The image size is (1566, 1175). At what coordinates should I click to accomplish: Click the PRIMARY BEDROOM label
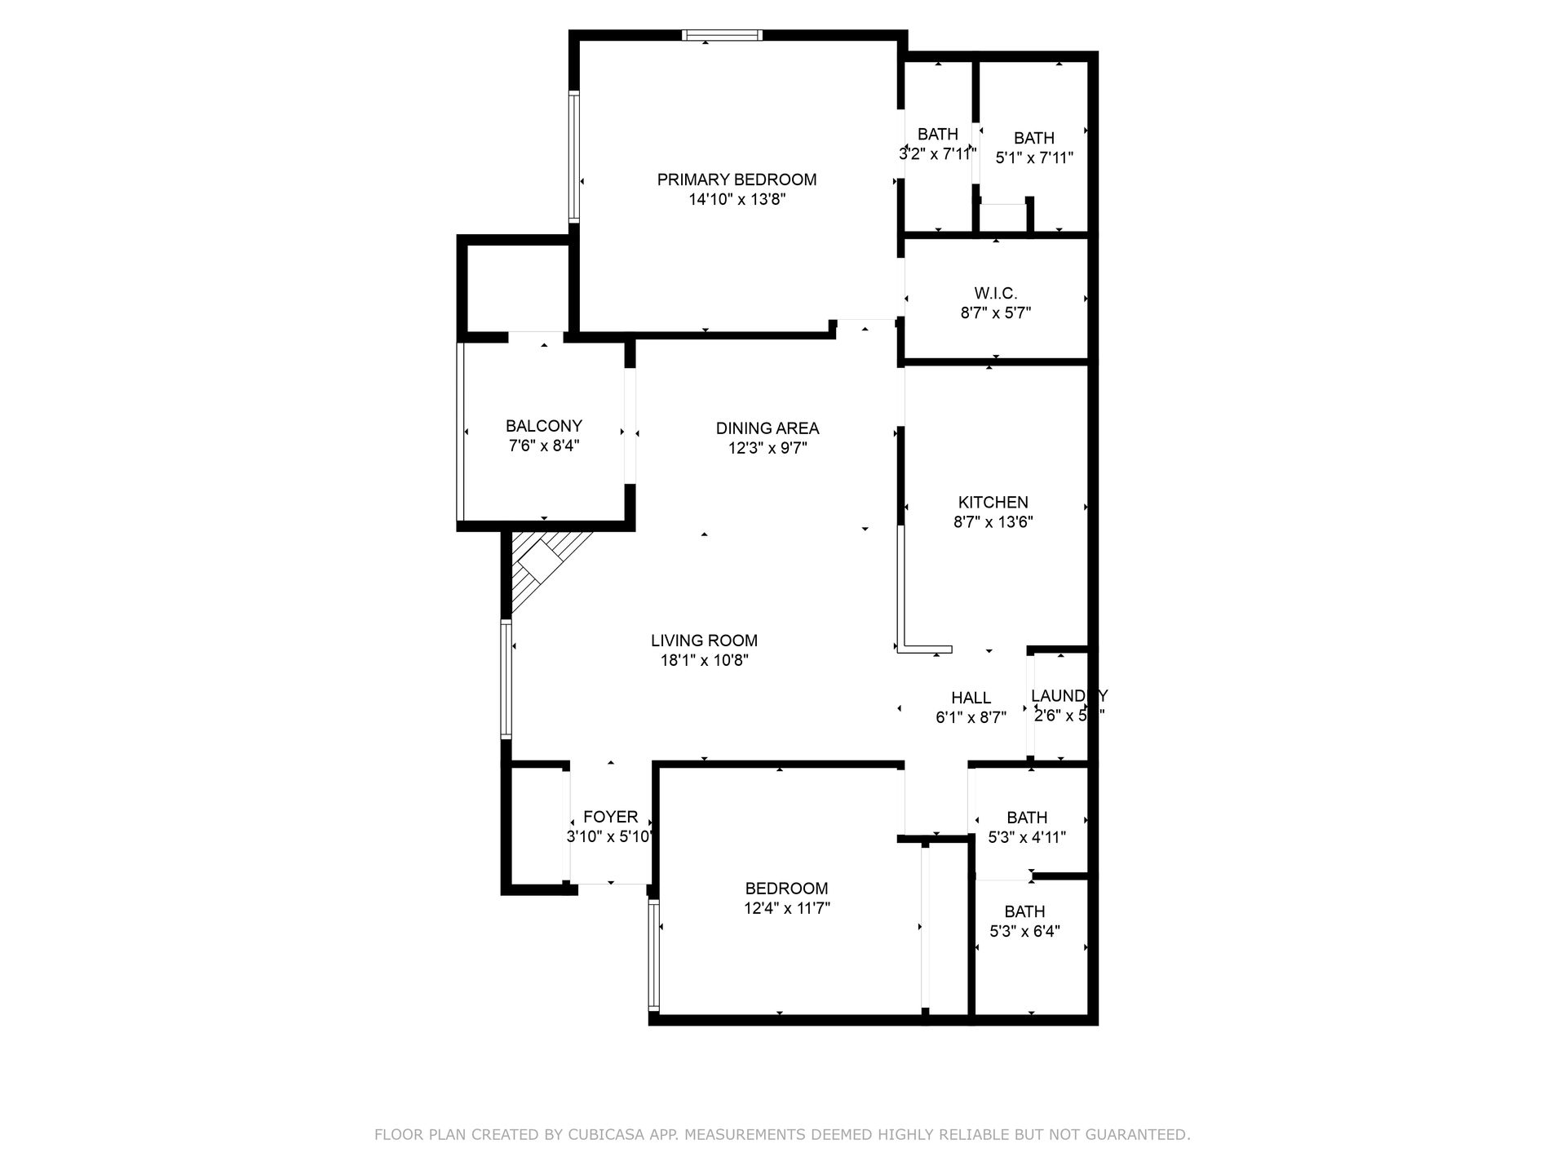737,180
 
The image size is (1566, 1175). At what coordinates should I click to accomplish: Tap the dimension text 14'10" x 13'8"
737,200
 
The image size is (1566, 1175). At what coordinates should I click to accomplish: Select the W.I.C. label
995,293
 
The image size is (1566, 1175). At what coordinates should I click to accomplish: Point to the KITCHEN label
993,503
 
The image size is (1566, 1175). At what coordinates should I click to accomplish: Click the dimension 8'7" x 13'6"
993,523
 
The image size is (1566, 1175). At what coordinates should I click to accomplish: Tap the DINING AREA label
767,428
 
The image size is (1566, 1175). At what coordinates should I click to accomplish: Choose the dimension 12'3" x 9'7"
767,448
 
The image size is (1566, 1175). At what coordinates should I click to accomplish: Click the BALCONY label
543,426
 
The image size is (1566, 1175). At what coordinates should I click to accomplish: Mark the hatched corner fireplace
538,567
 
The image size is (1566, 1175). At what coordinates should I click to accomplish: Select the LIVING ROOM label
704,641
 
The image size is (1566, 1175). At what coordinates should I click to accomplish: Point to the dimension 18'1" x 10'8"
704,661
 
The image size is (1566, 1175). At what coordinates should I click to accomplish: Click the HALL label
971,698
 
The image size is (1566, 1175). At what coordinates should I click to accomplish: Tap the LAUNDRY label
1068,696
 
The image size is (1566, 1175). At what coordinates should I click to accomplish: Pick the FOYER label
610,817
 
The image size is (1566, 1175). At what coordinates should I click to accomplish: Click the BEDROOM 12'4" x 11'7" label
786,889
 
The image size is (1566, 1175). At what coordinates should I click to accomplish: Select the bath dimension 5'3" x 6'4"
1024,931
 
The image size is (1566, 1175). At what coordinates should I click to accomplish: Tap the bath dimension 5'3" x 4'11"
1026,837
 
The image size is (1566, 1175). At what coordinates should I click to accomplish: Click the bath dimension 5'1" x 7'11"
1034,158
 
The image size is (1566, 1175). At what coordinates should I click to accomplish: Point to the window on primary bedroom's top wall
722,35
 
